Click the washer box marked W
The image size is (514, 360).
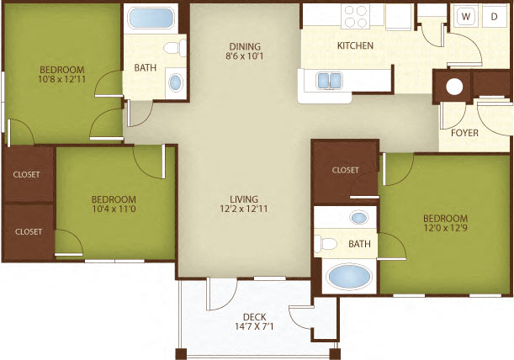[465, 16]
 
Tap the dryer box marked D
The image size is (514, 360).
[494, 16]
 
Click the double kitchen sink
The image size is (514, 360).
[327, 81]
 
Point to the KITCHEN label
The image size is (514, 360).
[355, 45]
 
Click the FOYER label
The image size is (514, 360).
[464, 132]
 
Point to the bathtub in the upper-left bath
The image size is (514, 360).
[150, 17]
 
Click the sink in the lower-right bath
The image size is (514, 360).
[359, 218]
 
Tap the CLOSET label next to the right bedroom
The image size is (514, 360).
[345, 170]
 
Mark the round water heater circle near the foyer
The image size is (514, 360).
[455, 85]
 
